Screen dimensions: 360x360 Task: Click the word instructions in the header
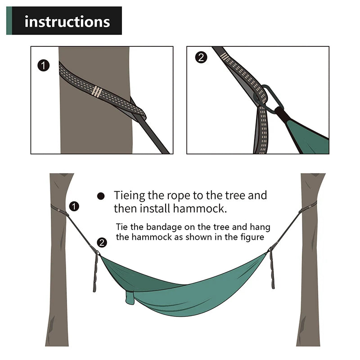point(67,21)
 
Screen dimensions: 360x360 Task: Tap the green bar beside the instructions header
point(9,21)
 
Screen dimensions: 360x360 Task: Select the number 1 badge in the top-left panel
point(43,66)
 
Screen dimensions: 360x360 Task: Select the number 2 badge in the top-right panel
point(201,57)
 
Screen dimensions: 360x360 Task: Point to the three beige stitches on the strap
point(96,91)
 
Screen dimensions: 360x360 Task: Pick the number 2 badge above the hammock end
point(102,243)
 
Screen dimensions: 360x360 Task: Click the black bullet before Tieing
point(101,196)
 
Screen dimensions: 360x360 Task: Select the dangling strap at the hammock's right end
point(272,270)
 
